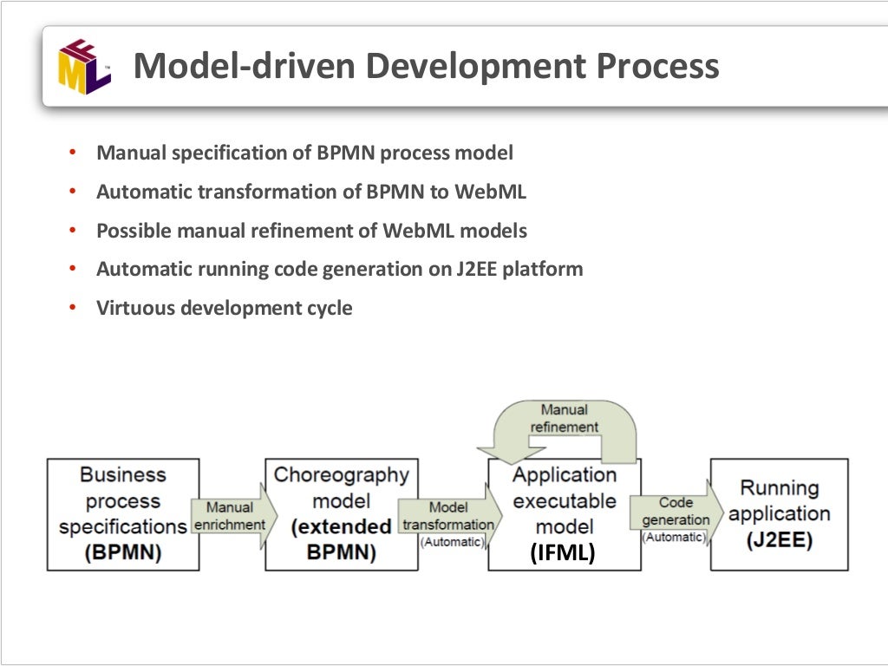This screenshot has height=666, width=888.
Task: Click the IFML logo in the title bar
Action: coord(84,67)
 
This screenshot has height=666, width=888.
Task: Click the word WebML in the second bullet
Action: coord(494,192)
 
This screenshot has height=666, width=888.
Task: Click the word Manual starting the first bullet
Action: coord(131,153)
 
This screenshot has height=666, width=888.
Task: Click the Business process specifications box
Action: coord(122,514)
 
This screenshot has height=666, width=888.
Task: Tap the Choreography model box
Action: coord(341,514)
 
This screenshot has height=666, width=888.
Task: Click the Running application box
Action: coord(779,514)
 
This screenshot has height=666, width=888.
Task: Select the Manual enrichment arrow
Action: coord(232,516)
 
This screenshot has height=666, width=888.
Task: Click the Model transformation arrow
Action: coord(449,517)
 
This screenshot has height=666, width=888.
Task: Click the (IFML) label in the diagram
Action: coord(564,553)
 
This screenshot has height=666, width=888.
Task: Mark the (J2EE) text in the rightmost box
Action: coord(778,541)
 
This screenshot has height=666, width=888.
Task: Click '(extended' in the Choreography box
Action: coord(342,527)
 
